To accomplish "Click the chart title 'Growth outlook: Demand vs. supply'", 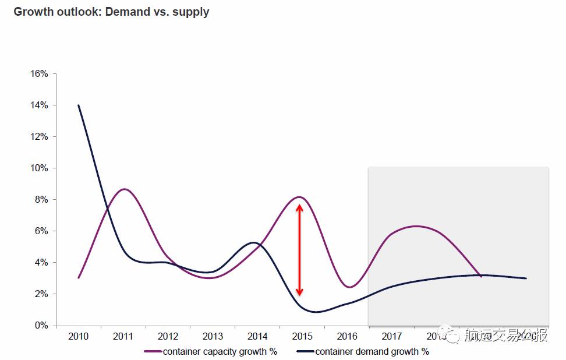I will click(x=111, y=12).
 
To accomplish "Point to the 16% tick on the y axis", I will click(x=39, y=74).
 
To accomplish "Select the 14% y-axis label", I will click(x=39, y=105).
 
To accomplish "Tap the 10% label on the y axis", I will click(x=39, y=168).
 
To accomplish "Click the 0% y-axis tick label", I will click(x=41, y=326).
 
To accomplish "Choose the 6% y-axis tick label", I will click(x=41, y=231).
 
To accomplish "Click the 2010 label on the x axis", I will click(x=78, y=337).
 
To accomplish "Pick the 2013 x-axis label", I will click(x=213, y=337).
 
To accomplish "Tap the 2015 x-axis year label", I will click(x=302, y=337).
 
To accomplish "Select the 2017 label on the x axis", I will click(x=392, y=337).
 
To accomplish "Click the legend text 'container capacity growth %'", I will click(x=220, y=351).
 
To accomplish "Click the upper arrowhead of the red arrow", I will click(x=299, y=206).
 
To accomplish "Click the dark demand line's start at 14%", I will click(x=79, y=105).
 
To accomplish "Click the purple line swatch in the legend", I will click(x=153, y=351).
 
